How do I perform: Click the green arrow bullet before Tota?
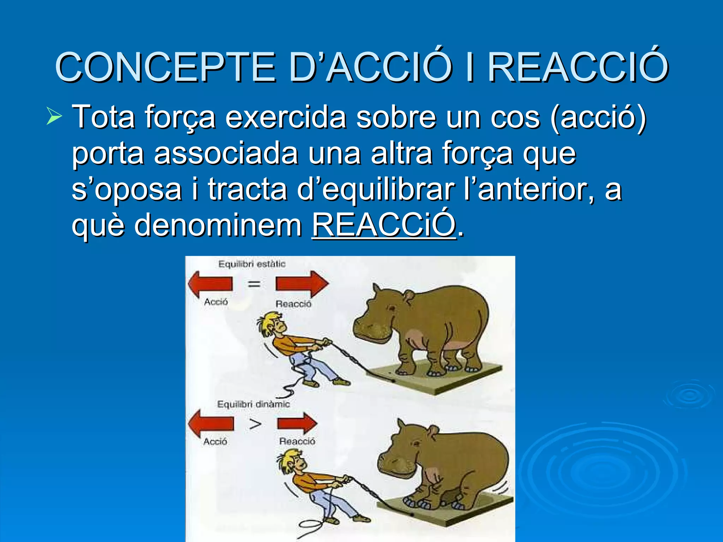click(x=54, y=117)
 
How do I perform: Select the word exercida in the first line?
click(x=286, y=117)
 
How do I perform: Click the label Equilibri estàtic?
click(x=252, y=264)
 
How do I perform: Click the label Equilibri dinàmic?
click(x=253, y=404)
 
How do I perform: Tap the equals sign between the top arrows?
click(x=254, y=284)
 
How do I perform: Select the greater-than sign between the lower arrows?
click(x=255, y=424)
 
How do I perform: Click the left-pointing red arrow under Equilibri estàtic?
click(x=210, y=284)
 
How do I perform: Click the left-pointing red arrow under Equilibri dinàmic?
click(x=211, y=423)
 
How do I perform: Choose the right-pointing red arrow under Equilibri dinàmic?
click(x=297, y=423)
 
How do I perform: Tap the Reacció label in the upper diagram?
click(x=293, y=304)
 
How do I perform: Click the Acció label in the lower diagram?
click(x=215, y=441)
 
